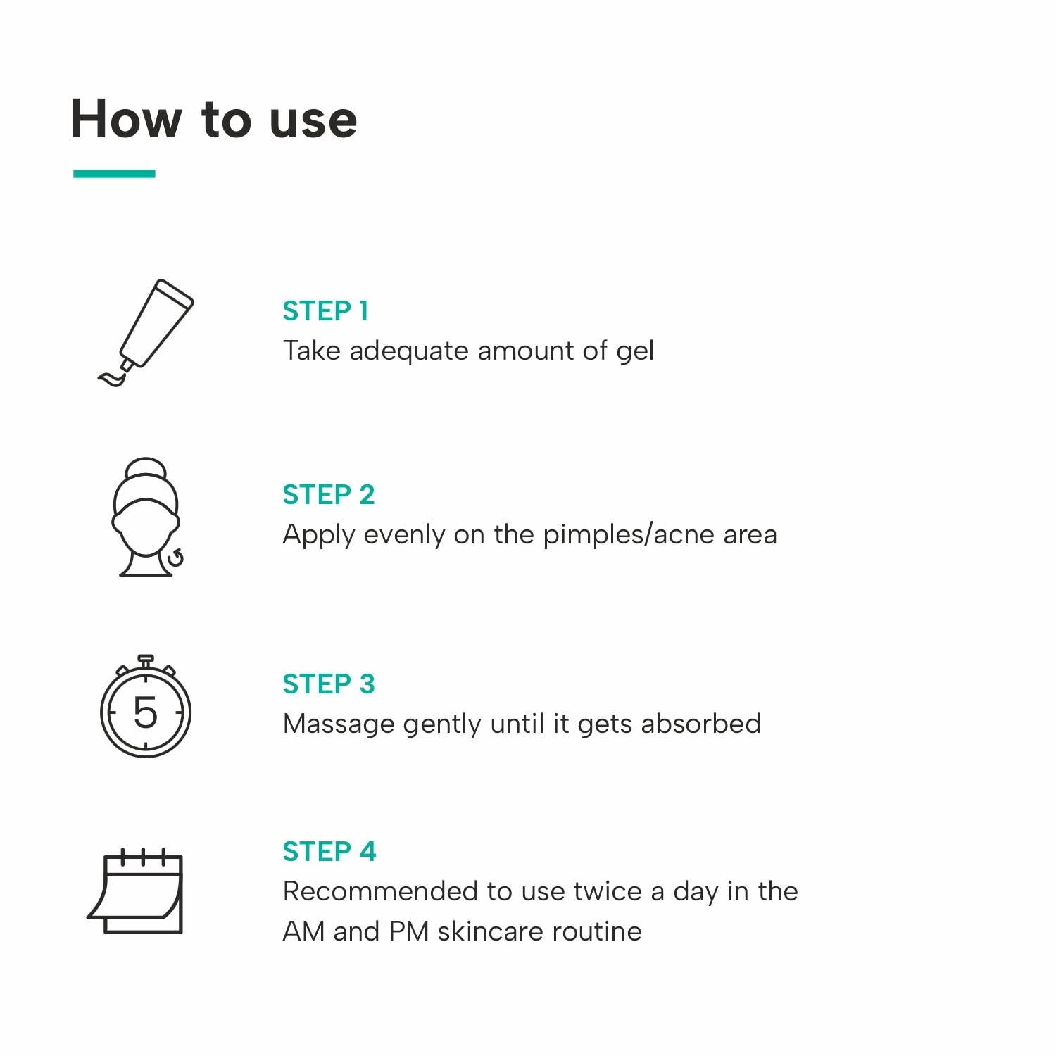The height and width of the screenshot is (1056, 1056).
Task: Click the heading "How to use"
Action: (x=214, y=119)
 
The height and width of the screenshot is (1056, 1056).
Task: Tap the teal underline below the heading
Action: (x=114, y=174)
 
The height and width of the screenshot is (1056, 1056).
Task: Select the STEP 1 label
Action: (x=325, y=311)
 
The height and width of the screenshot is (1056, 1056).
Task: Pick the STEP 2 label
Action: (x=328, y=495)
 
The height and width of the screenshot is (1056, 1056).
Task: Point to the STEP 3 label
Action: (x=328, y=684)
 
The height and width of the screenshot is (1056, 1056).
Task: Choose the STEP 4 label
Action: (x=329, y=852)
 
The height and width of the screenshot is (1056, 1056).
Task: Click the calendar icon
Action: (x=136, y=893)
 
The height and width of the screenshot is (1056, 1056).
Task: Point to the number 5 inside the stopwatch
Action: (x=146, y=712)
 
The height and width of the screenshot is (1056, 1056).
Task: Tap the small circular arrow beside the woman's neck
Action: (x=175, y=558)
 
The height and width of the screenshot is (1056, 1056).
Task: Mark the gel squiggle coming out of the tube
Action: (x=112, y=379)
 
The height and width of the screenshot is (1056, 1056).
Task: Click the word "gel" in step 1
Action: (x=634, y=351)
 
